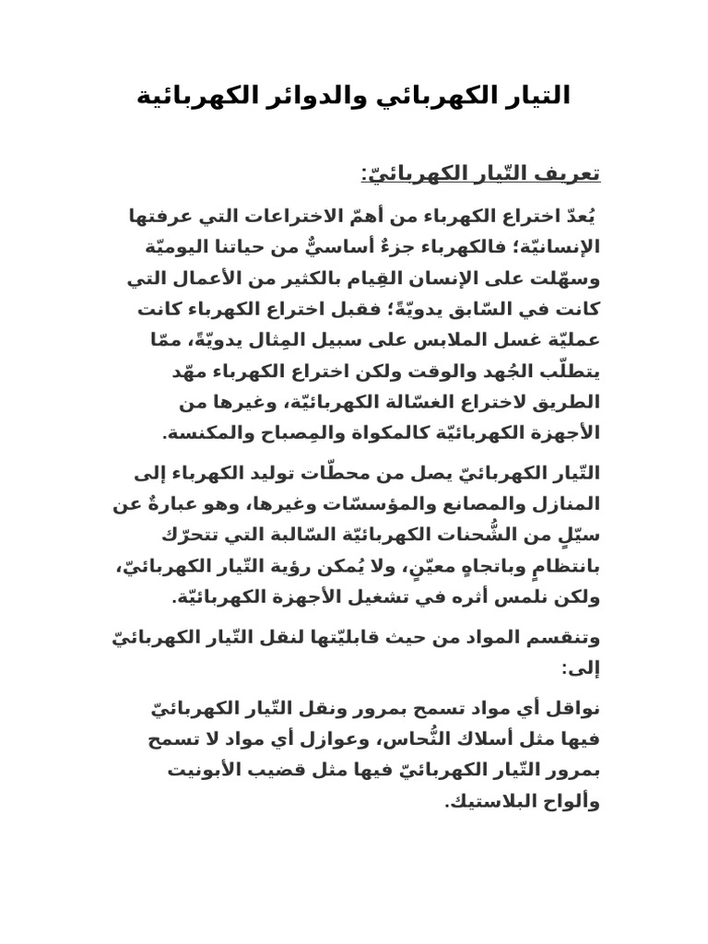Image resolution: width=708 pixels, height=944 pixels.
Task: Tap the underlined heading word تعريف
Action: (573, 173)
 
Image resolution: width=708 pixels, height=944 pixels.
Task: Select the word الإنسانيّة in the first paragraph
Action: (554, 246)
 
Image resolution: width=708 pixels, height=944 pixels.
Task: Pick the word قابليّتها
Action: (345, 638)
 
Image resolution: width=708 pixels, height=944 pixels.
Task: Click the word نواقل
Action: (573, 711)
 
